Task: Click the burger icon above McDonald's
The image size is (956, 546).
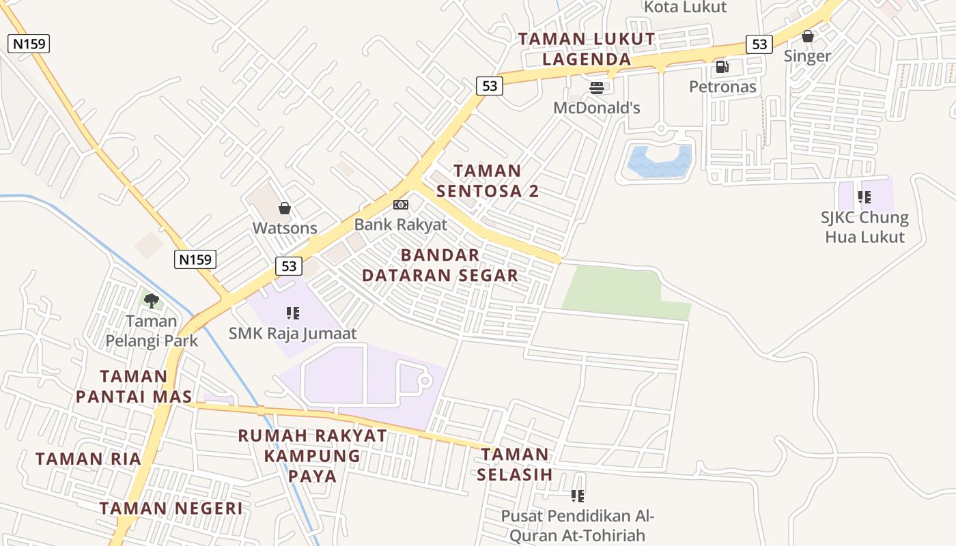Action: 597,88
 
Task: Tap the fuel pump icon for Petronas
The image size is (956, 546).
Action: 722,67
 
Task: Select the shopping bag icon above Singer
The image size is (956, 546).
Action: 807,36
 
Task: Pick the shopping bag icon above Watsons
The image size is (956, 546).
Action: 285,208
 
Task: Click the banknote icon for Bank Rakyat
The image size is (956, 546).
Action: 401,205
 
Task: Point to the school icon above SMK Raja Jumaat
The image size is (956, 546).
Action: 293,313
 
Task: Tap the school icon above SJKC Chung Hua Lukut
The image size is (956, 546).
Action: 864,198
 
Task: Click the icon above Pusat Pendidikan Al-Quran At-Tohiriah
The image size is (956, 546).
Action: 578,496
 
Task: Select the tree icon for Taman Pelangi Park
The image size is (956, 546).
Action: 152,300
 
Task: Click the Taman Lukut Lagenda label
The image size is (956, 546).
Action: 587,49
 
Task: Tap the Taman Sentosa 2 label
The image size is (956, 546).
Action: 488,181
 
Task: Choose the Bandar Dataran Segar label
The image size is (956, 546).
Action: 440,265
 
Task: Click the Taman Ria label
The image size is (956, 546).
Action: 88,459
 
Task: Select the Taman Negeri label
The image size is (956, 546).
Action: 171,508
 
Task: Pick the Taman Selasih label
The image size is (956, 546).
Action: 514,464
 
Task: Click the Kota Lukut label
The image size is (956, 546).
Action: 686,8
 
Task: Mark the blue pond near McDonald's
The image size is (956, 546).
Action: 659,161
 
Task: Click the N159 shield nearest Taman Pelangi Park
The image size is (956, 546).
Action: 195,259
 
